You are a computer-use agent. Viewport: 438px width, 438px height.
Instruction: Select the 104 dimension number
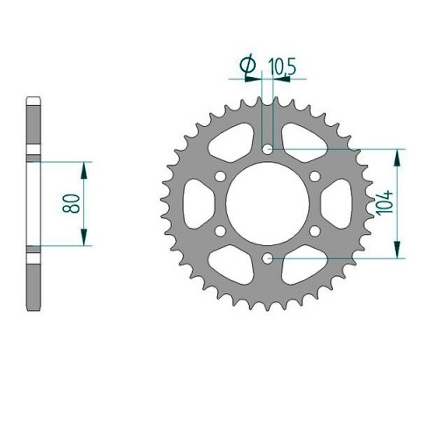(x=385, y=203)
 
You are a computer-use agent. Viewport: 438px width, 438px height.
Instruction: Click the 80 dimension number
(x=71, y=203)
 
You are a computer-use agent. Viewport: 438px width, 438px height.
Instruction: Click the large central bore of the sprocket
(x=267, y=203)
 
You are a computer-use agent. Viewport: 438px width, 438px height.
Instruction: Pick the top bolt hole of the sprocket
(x=267, y=149)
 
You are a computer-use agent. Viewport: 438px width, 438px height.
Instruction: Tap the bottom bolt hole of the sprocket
(x=267, y=258)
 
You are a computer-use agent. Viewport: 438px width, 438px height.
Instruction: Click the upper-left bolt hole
(x=220, y=176)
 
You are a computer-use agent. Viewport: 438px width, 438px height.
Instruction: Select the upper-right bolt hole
(x=314, y=176)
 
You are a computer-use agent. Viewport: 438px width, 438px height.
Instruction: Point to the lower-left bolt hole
(x=220, y=231)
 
